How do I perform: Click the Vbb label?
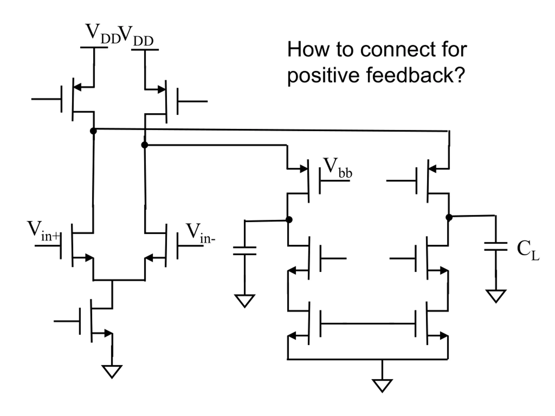338,168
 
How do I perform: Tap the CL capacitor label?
528,250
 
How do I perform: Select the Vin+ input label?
43,231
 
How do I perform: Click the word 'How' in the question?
308,49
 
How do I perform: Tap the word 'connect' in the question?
397,50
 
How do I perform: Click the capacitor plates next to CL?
496,246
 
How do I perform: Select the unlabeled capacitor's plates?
245,251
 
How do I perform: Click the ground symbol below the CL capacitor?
496,296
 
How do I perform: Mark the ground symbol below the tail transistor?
112,371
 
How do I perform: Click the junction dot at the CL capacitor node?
449,217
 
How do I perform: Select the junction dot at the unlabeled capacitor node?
289,220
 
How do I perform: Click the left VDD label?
103,34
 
